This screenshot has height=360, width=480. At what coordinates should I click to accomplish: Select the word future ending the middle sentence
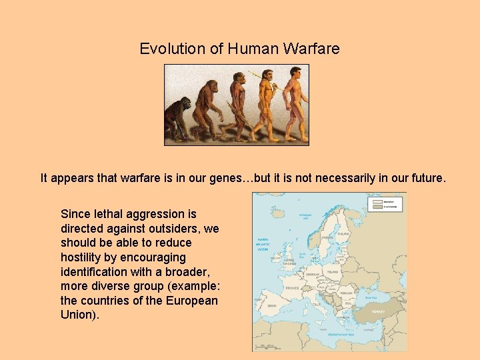(424, 178)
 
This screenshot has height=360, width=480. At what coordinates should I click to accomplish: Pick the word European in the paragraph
(190, 301)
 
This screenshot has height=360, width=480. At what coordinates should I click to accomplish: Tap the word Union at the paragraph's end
(78, 315)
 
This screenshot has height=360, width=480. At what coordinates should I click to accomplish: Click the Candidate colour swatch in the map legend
(377, 207)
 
